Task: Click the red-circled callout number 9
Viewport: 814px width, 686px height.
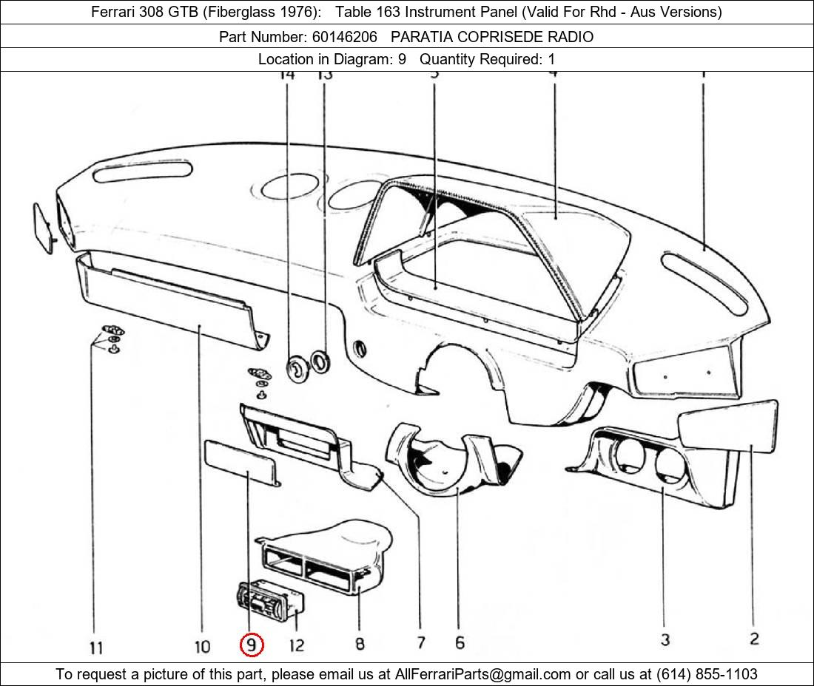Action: coord(252,645)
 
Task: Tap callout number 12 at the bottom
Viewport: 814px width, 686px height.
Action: coord(296,645)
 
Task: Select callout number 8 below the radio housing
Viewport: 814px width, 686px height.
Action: coord(360,644)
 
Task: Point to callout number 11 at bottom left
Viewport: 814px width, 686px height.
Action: coord(96,648)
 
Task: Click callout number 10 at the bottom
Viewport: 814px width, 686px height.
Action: coord(202,647)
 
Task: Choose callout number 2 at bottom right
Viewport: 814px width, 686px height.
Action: coord(754,639)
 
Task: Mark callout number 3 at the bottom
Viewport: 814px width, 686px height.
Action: coord(665,639)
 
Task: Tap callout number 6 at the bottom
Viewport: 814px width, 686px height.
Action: coord(460,642)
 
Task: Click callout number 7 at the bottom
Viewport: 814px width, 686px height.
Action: coord(420,642)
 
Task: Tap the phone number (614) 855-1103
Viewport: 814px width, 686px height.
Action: coord(707,673)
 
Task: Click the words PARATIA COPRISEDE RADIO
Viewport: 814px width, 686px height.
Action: coord(492,36)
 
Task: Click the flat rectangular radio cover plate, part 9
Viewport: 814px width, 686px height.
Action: coord(240,460)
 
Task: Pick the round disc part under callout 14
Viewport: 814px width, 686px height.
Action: coord(297,367)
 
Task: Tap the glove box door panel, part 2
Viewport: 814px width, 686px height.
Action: coord(727,424)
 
